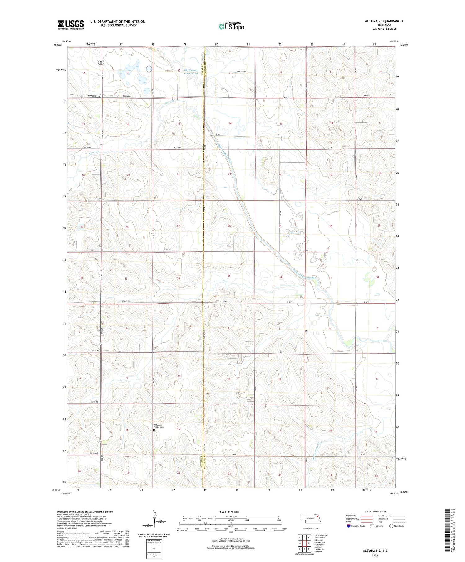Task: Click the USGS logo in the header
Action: point(71,25)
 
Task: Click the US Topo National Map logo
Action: point(231,26)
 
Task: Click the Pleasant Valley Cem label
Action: point(159,426)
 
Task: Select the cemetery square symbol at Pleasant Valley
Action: point(154,430)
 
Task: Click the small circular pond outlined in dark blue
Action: point(149,69)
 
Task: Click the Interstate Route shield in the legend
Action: point(349,526)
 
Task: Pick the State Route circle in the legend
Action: point(391,526)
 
